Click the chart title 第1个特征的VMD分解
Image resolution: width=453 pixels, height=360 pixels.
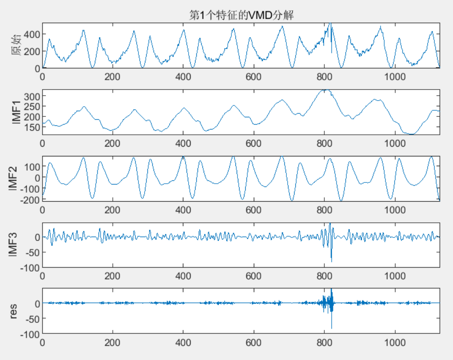242,16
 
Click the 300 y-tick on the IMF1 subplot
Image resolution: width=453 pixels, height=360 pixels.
31,96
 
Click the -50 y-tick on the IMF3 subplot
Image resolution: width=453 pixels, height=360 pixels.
31,252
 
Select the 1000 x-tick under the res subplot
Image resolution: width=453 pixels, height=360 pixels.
395,342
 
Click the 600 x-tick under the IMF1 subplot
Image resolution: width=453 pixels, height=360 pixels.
254,143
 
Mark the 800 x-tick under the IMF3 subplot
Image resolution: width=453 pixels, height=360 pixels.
325,276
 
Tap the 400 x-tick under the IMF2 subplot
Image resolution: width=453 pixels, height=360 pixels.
183,210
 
